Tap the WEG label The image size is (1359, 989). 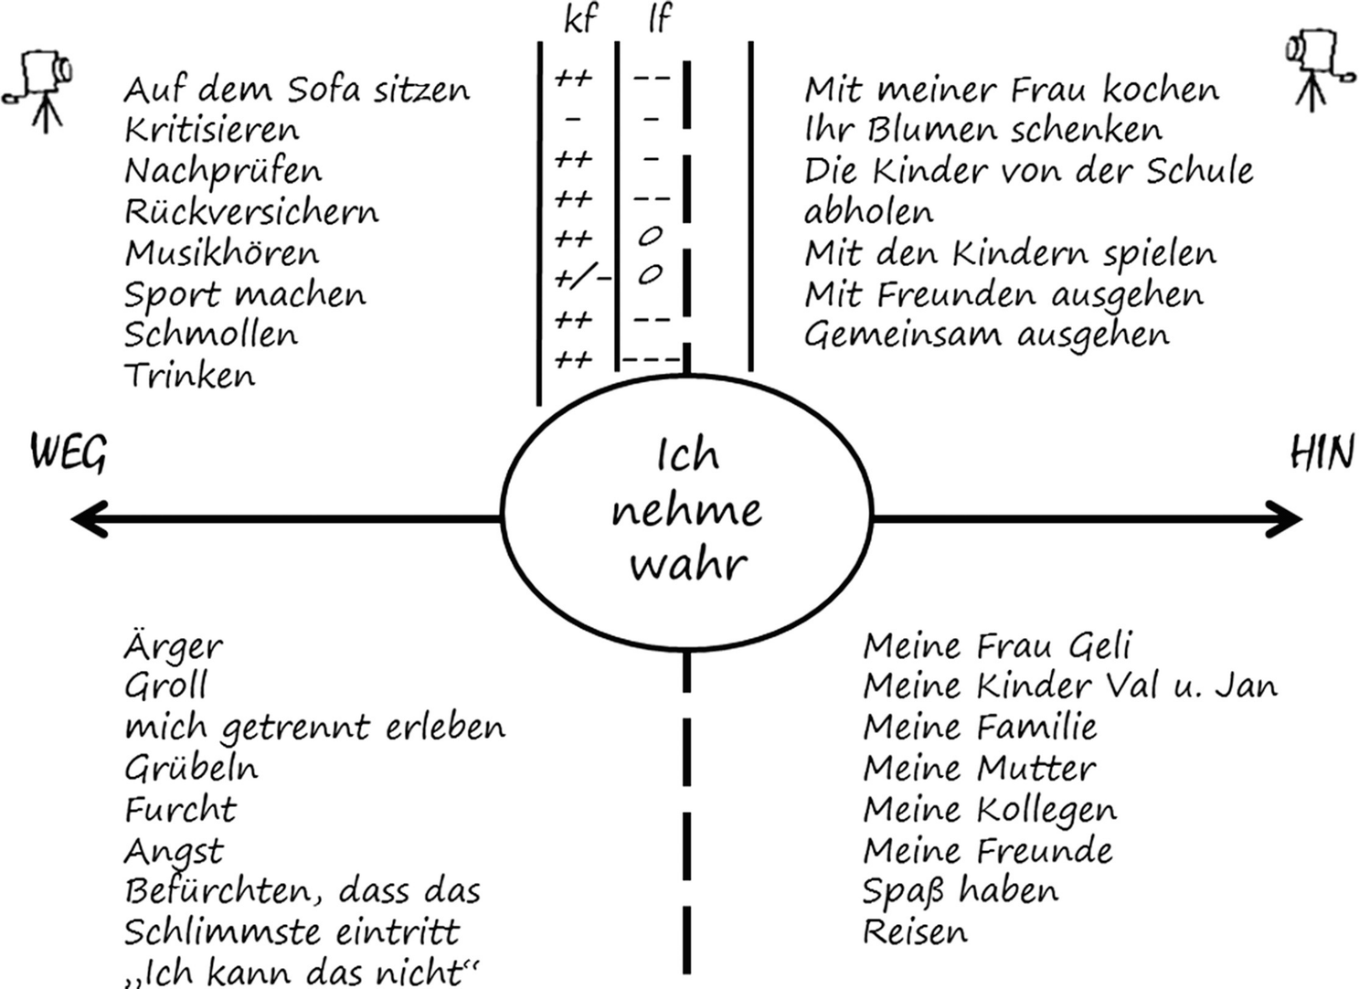pyautogui.click(x=69, y=453)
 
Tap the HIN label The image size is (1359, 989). pyautogui.click(x=1322, y=453)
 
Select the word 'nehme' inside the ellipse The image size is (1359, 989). pyautogui.click(x=685, y=510)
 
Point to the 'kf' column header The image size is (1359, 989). pyautogui.click(x=580, y=18)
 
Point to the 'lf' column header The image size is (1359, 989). pyautogui.click(x=659, y=18)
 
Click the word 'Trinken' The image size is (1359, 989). pyautogui.click(x=189, y=376)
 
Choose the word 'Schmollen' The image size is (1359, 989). pyautogui.click(x=211, y=335)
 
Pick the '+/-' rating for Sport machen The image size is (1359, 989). pyautogui.click(x=581, y=276)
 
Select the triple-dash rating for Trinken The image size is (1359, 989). pyautogui.click(x=650, y=359)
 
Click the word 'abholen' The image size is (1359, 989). pyautogui.click(x=868, y=212)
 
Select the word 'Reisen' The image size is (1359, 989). pyautogui.click(x=915, y=932)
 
